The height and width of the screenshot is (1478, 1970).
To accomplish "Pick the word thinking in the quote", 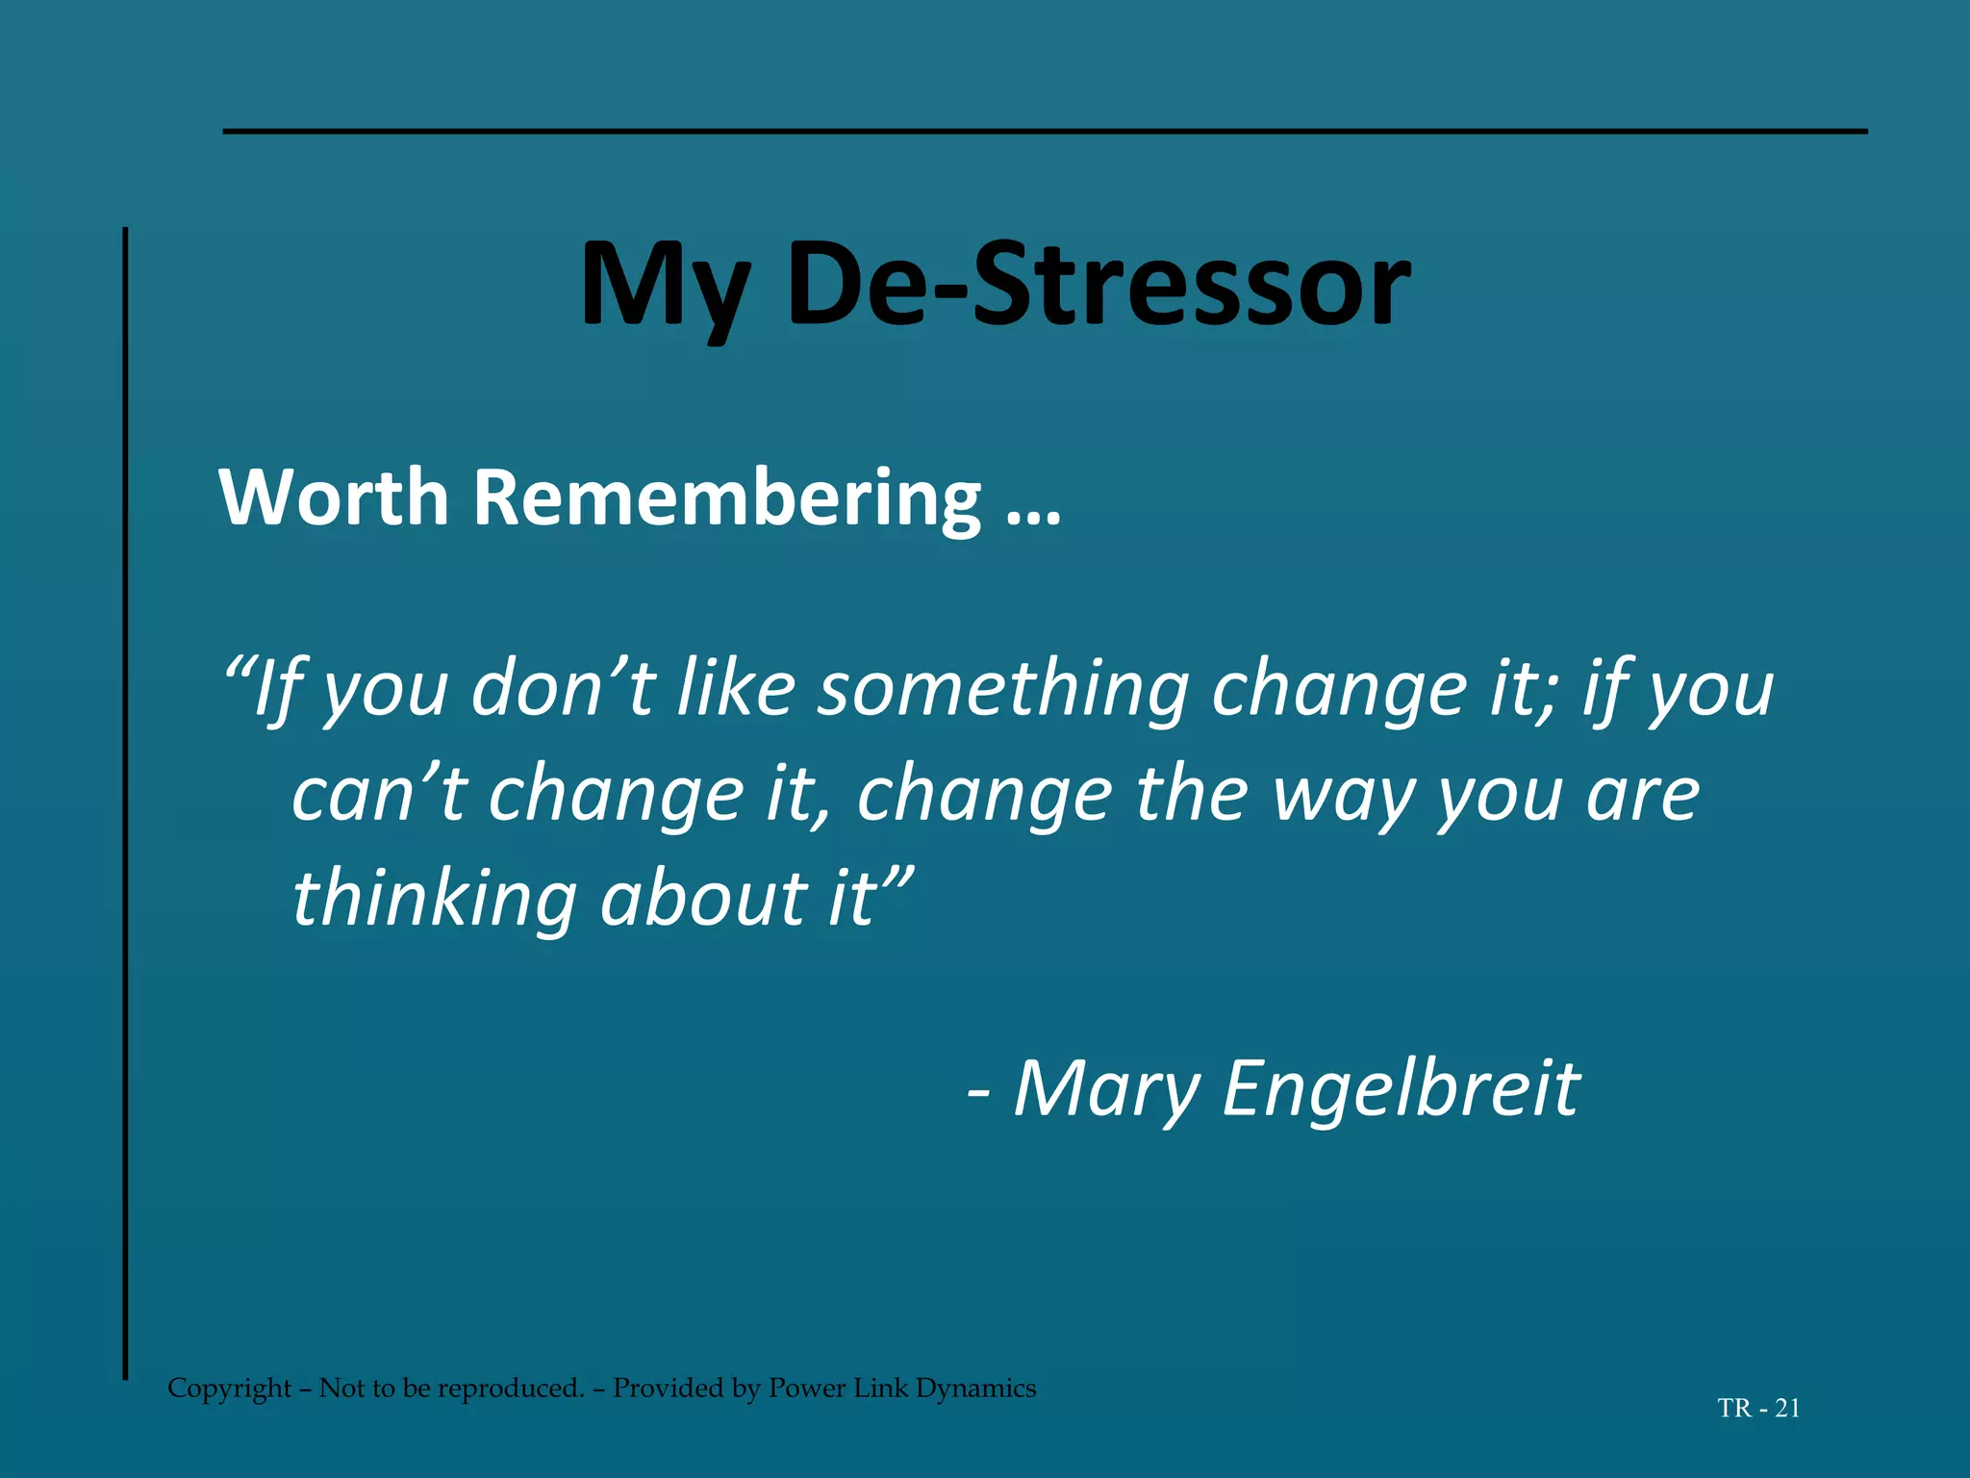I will click(434, 900).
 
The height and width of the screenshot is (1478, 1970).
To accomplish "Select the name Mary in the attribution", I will click(1107, 1090).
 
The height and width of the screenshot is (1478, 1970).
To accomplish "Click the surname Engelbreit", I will click(1400, 1090).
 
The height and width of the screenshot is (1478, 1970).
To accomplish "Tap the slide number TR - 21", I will click(1758, 1409).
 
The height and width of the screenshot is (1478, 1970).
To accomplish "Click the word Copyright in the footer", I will click(229, 1389).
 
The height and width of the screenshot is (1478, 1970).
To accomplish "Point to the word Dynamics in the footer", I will click(975, 1389).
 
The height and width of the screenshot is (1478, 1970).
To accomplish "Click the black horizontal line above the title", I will click(1045, 131).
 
